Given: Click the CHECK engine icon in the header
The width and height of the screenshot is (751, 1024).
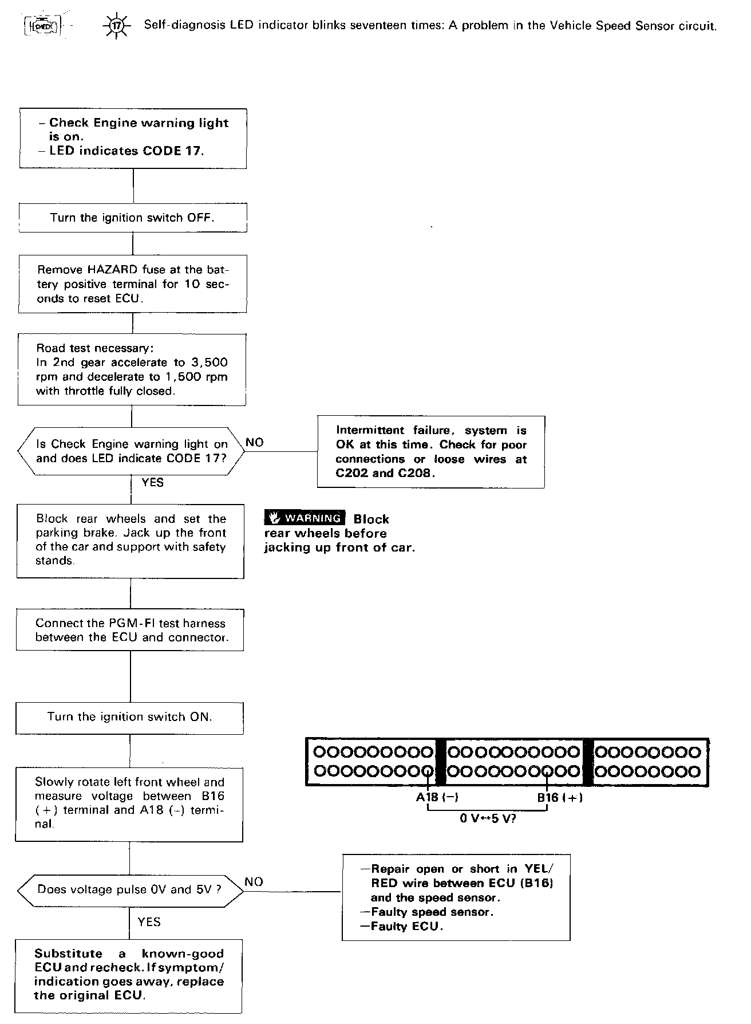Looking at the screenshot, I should (x=42, y=26).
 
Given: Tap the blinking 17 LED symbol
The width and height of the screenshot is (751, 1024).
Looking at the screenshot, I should (x=116, y=26).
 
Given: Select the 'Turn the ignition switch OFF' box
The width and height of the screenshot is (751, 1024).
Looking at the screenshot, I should (x=133, y=218).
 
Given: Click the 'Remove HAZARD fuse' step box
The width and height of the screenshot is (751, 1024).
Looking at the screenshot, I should (x=133, y=284).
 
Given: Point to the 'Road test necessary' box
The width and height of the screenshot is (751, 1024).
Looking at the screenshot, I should (x=132, y=369).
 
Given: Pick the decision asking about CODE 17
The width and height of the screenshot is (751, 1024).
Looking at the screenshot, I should (x=132, y=451).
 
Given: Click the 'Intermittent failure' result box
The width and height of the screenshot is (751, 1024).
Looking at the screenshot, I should (x=431, y=452).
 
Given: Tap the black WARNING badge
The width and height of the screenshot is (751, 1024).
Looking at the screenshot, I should (x=305, y=518).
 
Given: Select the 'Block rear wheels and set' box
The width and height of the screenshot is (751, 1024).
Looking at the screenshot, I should (x=131, y=541).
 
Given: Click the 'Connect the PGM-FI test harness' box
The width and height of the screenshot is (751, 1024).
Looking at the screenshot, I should (x=130, y=630).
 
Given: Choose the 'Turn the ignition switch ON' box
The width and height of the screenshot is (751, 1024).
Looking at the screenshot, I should (x=129, y=718).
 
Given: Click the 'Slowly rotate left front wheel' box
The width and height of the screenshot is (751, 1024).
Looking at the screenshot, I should (x=129, y=804).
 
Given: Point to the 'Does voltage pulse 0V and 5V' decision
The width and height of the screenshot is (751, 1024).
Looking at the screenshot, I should (x=129, y=890).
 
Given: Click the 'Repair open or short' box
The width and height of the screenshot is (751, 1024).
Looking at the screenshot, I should (x=456, y=897).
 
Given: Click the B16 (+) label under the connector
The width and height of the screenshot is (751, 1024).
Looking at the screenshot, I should (x=559, y=797).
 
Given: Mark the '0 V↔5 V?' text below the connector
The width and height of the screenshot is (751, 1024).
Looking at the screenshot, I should (x=488, y=818).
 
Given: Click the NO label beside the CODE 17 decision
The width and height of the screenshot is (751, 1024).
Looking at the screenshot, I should (x=254, y=443).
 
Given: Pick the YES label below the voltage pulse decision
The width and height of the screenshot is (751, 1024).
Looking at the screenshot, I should (x=149, y=921).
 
